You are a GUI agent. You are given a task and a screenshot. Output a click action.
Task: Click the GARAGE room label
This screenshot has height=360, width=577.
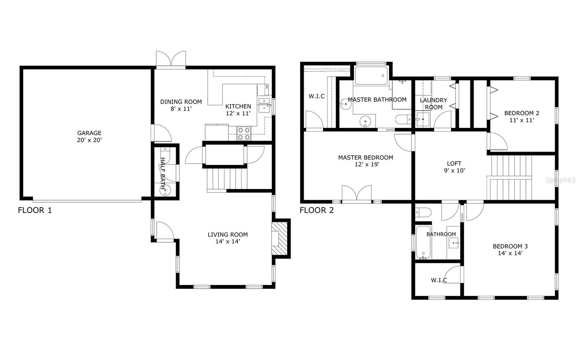pyautogui.click(x=89, y=133)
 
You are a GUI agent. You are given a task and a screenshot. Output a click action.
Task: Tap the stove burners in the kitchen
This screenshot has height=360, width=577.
pyautogui.click(x=244, y=133)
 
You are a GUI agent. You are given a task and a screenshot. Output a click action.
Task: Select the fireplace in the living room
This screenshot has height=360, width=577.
pyautogui.click(x=279, y=239)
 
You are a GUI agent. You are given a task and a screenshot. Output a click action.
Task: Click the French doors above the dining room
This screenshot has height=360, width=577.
pyautogui.click(x=171, y=59)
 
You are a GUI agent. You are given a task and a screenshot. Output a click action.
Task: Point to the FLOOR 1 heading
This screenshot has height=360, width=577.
pyautogui.click(x=35, y=210)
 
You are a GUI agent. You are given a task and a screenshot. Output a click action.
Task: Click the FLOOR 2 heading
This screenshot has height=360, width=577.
pyautogui.click(x=317, y=210)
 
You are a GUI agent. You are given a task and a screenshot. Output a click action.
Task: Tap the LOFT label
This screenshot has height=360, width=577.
pyautogui.click(x=454, y=164)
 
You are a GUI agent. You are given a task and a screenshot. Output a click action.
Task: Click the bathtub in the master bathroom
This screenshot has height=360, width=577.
pyautogui.click(x=371, y=76)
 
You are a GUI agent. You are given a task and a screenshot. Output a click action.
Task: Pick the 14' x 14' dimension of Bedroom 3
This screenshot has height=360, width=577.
pyautogui.click(x=510, y=253)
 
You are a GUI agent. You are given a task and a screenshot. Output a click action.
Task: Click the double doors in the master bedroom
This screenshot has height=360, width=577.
pyautogui.click(x=357, y=193)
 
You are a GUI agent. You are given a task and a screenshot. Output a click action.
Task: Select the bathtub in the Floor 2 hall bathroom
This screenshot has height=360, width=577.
pyautogui.click(x=423, y=242)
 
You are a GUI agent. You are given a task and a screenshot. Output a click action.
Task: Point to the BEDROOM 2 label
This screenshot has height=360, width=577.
pyautogui.click(x=521, y=113)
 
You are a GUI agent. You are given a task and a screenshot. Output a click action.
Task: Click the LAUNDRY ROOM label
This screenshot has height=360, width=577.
pyautogui.click(x=433, y=103)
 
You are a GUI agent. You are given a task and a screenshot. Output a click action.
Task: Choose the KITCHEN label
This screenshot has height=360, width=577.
pyautogui.click(x=238, y=106)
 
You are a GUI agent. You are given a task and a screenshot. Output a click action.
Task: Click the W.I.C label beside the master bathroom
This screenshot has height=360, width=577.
pyautogui.click(x=317, y=96)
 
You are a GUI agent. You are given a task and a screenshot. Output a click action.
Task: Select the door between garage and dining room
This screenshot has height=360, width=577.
pyautogui.click(x=162, y=133)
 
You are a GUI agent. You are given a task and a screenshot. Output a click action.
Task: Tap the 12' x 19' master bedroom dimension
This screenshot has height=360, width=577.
pyautogui.click(x=366, y=164)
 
